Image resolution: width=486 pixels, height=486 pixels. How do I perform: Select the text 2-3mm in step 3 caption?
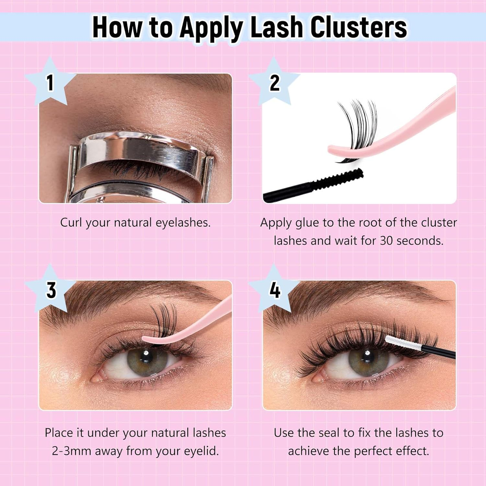[x=71, y=451]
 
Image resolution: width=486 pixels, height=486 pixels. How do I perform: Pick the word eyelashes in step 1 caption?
[x=183, y=223]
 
